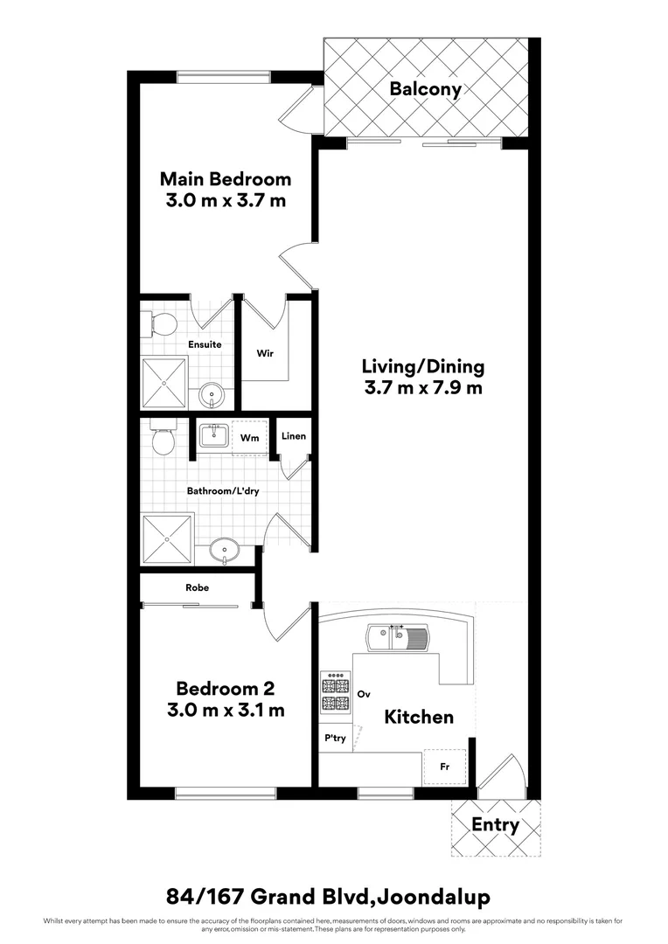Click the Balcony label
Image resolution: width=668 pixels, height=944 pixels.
pyautogui.click(x=425, y=88)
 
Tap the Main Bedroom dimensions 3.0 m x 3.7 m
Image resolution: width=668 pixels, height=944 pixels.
pyautogui.click(x=226, y=200)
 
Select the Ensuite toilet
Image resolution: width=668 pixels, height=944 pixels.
pyautogui.click(x=159, y=324)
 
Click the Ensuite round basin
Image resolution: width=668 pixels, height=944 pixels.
pyautogui.click(x=211, y=397)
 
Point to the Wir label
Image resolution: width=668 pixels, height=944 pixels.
pyautogui.click(x=267, y=354)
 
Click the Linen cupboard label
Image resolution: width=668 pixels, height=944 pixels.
pyautogui.click(x=294, y=436)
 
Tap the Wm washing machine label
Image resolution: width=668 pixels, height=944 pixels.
pyautogui.click(x=248, y=437)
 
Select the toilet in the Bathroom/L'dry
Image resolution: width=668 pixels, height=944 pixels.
pyautogui.click(x=163, y=438)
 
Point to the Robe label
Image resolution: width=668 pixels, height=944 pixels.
pyautogui.click(x=198, y=588)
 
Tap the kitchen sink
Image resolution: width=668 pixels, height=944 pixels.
pyautogui.click(x=398, y=637)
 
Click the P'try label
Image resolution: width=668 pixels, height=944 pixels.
pyautogui.click(x=336, y=738)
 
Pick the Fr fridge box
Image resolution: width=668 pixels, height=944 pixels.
pyautogui.click(x=444, y=767)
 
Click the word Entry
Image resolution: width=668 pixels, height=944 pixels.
pyautogui.click(x=495, y=824)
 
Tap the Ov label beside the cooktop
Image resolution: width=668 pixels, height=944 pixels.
pyautogui.click(x=365, y=694)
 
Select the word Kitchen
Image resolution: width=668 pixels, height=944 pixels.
pyautogui.click(x=419, y=717)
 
